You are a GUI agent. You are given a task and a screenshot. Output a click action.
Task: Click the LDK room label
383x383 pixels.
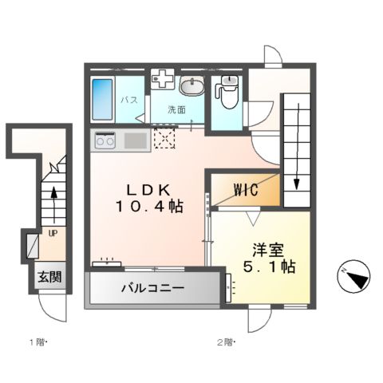click(x=147, y=190)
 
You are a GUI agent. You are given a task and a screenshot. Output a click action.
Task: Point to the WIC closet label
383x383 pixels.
click(x=245, y=191)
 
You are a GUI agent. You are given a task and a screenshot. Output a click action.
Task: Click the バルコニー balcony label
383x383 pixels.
click(x=153, y=288)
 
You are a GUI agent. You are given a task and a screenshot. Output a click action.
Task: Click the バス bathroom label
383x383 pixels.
click(x=130, y=101)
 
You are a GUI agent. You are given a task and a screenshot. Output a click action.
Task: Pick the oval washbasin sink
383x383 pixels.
click(x=191, y=86)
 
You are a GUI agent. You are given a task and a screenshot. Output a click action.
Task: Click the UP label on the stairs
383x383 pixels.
click(x=53, y=234)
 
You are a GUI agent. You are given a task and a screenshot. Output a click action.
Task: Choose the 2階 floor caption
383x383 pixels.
click(x=225, y=343)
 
